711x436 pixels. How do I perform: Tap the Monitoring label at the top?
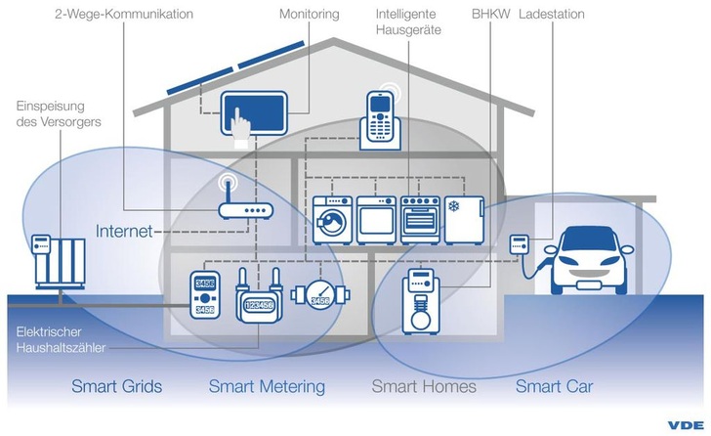point(310,16)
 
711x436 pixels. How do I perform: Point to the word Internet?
point(124,232)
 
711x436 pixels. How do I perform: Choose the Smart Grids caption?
point(116,386)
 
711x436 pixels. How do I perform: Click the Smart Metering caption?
point(267,386)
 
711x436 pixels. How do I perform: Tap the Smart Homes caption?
point(424,386)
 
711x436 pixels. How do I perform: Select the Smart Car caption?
point(554,386)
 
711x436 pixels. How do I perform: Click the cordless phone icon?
point(379,118)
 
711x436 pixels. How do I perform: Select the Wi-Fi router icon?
point(240,207)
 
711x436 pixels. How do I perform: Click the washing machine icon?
point(332,219)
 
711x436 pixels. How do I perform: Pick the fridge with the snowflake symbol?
point(463,219)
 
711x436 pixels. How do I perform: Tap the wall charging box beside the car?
point(519,244)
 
